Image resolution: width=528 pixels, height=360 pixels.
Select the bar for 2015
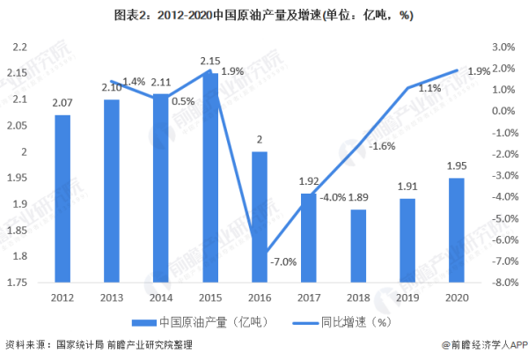tap(209, 177)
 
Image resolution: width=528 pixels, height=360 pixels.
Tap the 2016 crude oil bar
tap(259, 217)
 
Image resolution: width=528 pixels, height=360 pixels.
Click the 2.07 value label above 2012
tap(62, 105)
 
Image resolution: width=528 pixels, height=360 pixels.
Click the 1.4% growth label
tap(134, 82)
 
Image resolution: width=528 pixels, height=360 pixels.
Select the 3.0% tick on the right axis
tap(502, 47)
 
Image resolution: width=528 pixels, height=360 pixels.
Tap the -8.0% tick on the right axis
tap(500, 283)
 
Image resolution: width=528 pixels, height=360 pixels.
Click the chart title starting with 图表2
tap(264, 15)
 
